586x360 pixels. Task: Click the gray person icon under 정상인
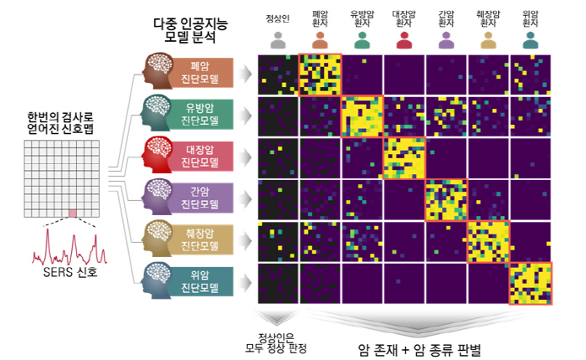[x=278, y=39]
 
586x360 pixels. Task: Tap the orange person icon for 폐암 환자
[x=320, y=39]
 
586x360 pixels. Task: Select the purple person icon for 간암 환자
[x=445, y=39]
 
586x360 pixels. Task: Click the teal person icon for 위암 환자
[x=529, y=39]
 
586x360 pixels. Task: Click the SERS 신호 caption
[x=72, y=273]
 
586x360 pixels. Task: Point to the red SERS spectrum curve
[x=70, y=247]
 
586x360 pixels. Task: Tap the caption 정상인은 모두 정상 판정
[x=276, y=342]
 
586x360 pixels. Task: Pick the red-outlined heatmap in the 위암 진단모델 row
[x=530, y=283]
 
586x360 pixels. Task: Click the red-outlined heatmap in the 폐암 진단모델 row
[x=320, y=74]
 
